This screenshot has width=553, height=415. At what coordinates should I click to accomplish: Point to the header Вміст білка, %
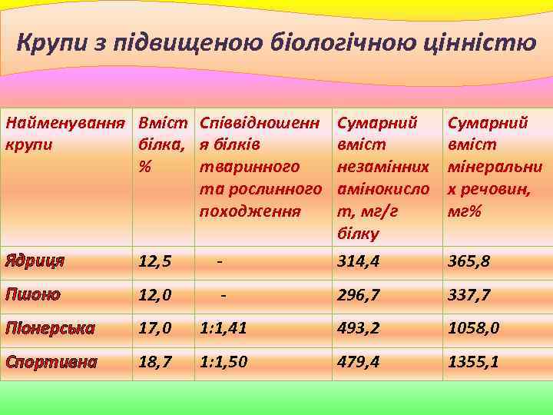click(x=163, y=144)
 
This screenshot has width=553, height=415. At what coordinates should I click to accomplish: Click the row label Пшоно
click(x=32, y=294)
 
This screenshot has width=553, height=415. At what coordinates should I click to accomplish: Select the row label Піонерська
click(x=50, y=328)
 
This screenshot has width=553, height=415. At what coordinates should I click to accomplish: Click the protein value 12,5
click(x=155, y=262)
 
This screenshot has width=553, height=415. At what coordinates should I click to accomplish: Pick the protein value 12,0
click(x=155, y=295)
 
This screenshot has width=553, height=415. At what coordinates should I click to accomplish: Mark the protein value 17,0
click(x=155, y=328)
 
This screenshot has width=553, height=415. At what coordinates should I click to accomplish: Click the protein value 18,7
click(x=155, y=361)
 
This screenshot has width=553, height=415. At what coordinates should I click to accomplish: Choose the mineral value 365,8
click(x=469, y=262)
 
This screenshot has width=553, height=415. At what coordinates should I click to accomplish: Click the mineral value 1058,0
click(x=475, y=328)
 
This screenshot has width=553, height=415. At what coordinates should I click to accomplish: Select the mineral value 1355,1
click(x=474, y=361)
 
